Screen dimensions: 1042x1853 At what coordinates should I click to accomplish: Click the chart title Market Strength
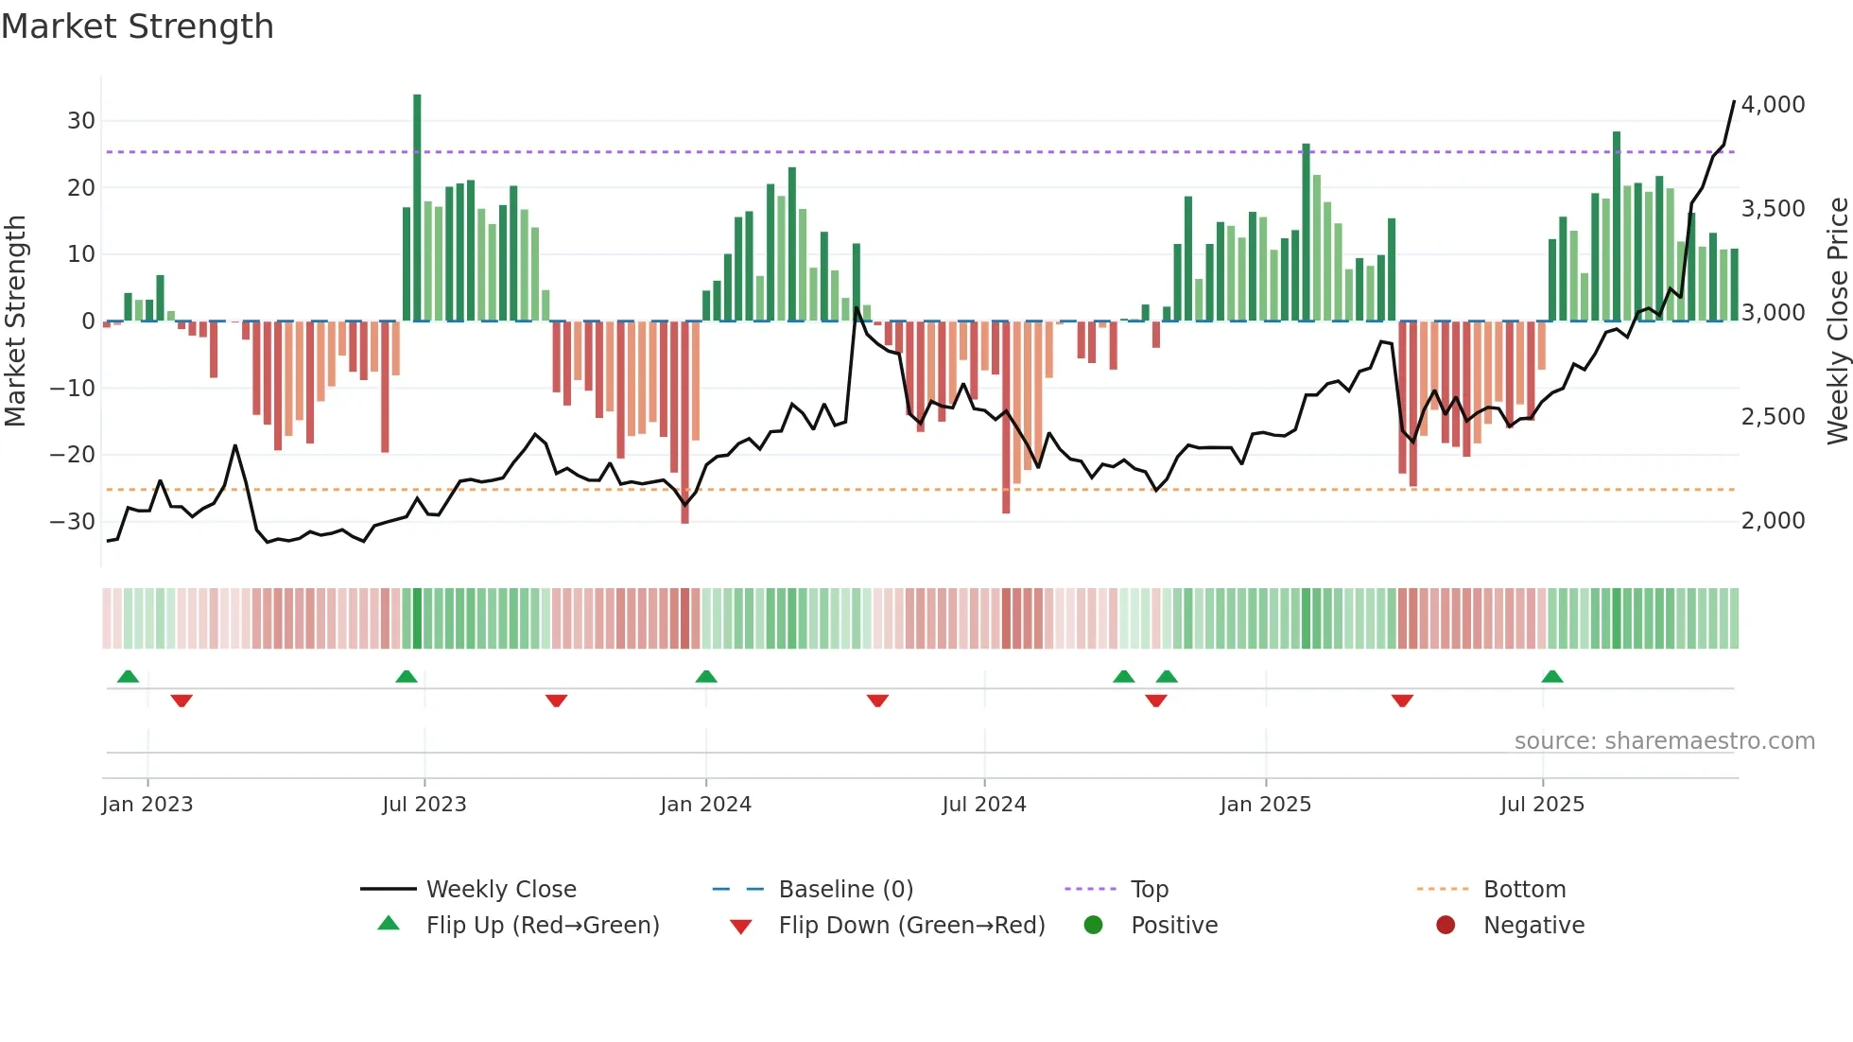click(x=137, y=26)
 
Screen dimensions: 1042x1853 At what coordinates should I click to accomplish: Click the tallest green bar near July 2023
click(x=417, y=208)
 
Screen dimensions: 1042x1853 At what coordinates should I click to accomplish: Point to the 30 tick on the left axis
click(x=81, y=121)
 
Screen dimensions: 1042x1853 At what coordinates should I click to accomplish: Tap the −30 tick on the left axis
click(x=74, y=521)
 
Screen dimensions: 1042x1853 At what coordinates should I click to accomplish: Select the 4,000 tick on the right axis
click(x=1773, y=105)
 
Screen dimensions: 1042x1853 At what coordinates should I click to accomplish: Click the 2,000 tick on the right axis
click(x=1773, y=521)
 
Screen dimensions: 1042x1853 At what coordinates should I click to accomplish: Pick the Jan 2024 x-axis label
click(x=705, y=805)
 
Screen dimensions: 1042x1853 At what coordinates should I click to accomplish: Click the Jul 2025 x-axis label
click(x=1542, y=805)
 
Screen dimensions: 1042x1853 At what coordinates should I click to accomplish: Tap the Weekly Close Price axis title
click(x=1837, y=321)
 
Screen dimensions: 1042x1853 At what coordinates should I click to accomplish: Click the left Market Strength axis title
click(x=15, y=321)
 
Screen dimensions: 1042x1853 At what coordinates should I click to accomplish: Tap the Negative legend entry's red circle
click(x=1446, y=926)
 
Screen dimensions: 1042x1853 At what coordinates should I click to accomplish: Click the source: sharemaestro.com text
click(x=1664, y=741)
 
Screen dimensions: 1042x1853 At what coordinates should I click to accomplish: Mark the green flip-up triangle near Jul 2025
click(x=1551, y=676)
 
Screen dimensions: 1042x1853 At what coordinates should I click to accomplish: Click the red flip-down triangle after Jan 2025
click(x=1402, y=701)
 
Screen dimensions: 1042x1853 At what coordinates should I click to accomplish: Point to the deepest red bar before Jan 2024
click(x=684, y=422)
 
